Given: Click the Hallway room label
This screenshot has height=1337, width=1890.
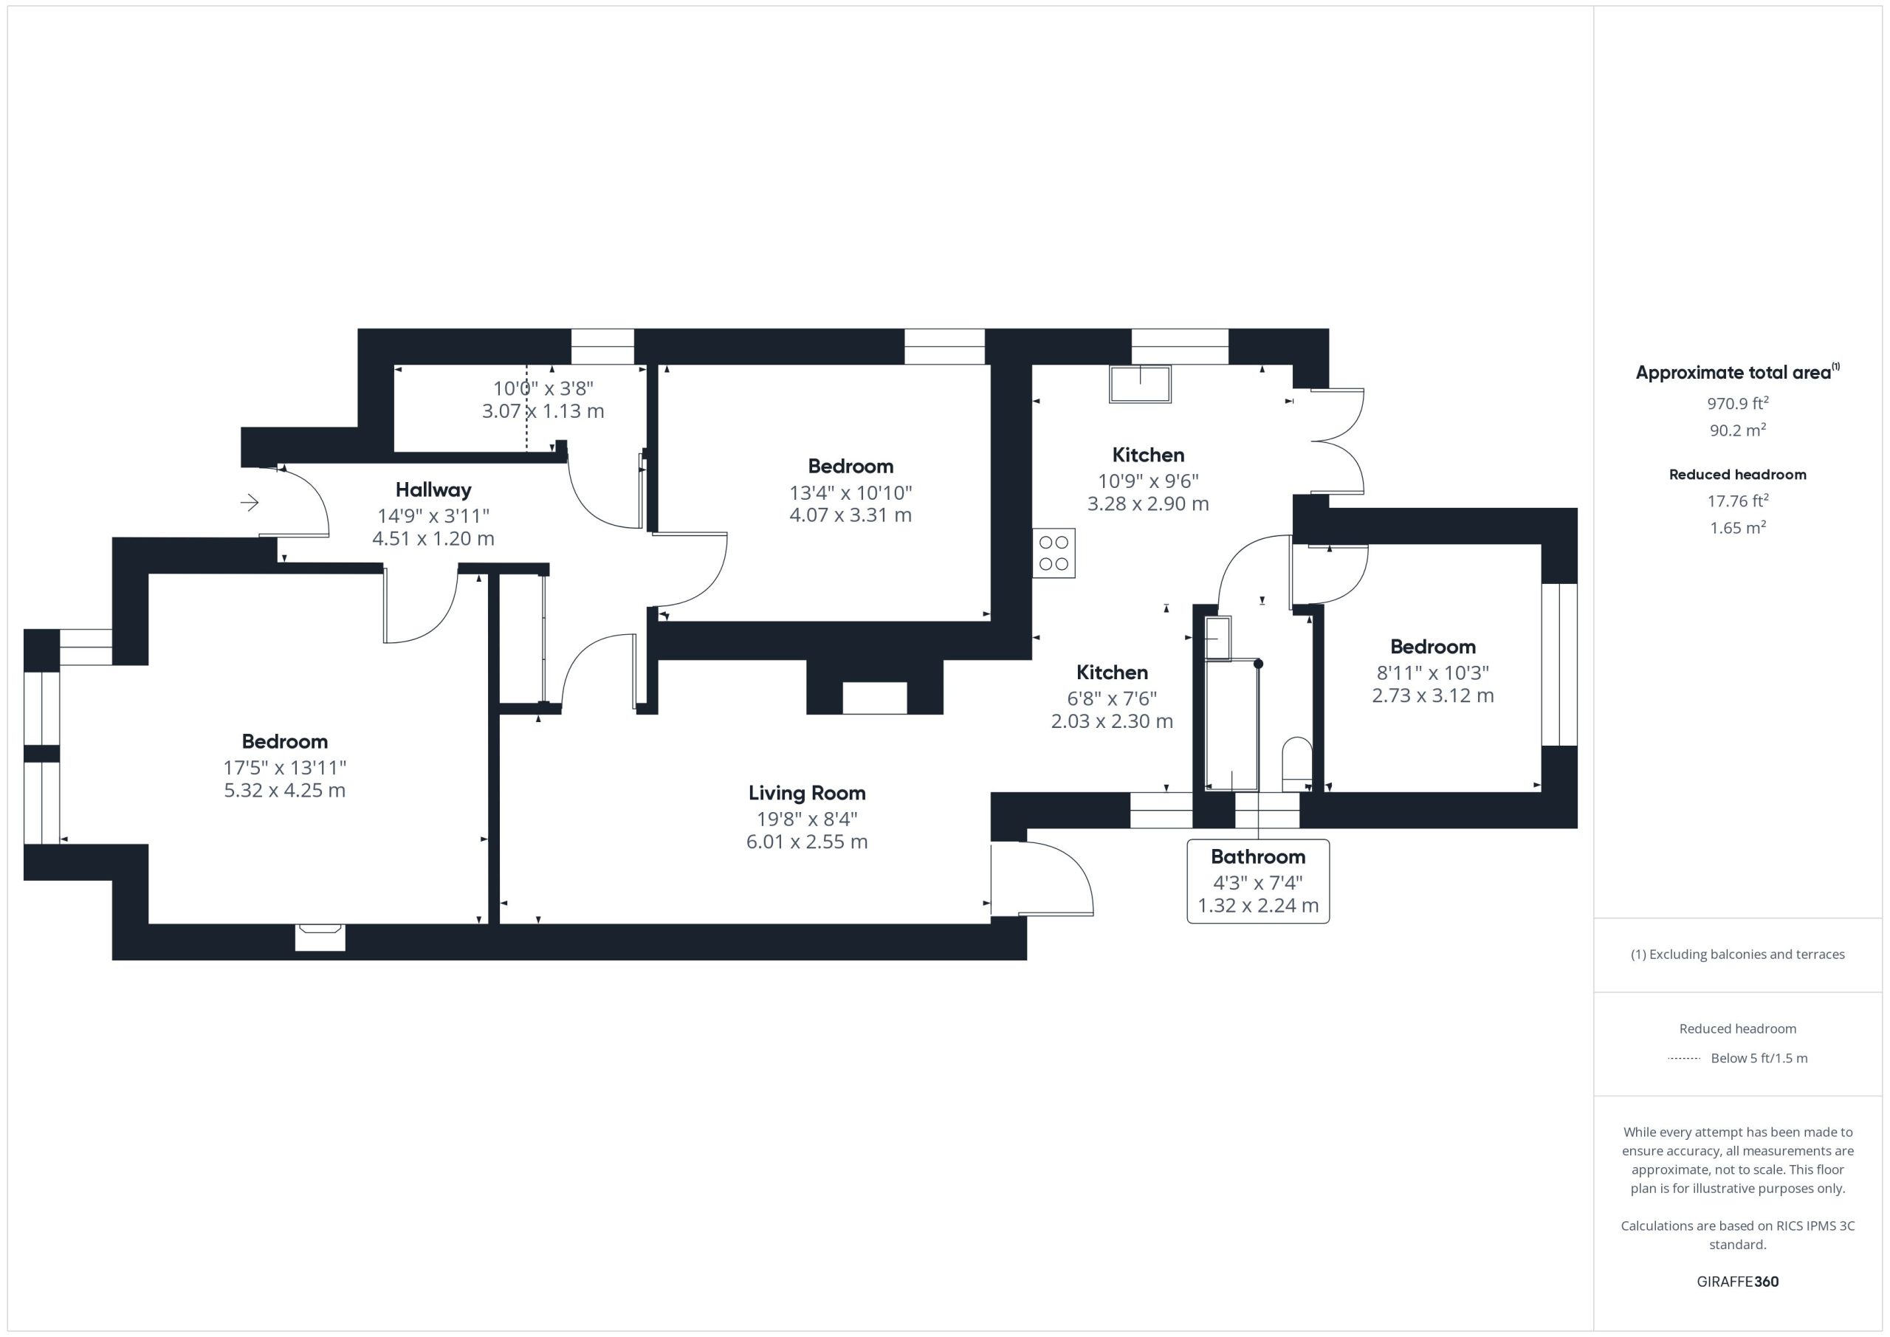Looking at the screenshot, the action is click(x=433, y=490).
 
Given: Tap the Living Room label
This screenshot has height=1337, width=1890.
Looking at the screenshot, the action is click(x=807, y=793).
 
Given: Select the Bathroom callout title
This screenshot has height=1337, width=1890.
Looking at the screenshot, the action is click(x=1258, y=856).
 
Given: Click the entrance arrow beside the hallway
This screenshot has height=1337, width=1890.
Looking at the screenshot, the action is click(x=250, y=502).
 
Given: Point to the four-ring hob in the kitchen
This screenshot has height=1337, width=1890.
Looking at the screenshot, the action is click(x=1054, y=552).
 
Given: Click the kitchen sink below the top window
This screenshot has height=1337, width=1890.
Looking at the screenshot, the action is click(x=1140, y=385).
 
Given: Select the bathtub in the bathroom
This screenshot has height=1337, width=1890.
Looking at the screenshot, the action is click(x=1232, y=725).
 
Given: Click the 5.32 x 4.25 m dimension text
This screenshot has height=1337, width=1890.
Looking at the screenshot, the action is click(x=285, y=791).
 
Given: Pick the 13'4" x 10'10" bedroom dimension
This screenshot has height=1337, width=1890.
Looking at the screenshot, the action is click(x=850, y=492).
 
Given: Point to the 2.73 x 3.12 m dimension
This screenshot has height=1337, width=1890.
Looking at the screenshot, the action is click(x=1432, y=695).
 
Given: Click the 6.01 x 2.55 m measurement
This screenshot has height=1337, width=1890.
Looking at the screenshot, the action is click(x=807, y=842).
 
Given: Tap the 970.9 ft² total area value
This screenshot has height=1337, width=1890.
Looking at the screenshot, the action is click(x=1738, y=403).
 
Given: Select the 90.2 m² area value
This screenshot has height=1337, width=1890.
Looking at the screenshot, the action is click(x=1738, y=430).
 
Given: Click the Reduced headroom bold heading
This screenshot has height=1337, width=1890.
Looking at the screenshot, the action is click(x=1738, y=474).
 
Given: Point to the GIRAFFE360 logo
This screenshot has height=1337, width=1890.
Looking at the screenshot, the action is click(x=1738, y=1281).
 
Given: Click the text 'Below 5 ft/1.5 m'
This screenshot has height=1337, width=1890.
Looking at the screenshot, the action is click(x=1759, y=1058).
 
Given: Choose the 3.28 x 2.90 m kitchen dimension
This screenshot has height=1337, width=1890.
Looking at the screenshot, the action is click(x=1148, y=503).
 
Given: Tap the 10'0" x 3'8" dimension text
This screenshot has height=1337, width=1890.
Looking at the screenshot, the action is click(x=543, y=388).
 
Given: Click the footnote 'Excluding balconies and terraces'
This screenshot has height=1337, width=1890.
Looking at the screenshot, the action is click(x=1747, y=954).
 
